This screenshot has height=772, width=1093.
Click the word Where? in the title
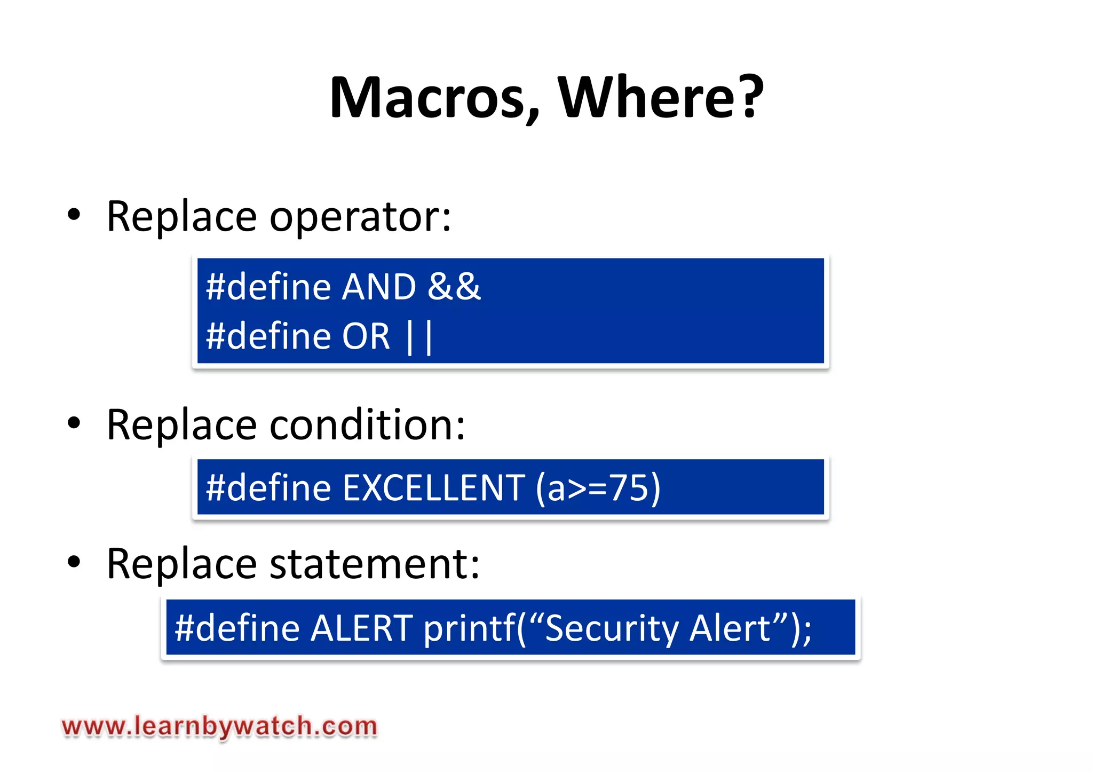click(661, 98)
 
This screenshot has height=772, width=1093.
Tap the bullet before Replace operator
click(74, 215)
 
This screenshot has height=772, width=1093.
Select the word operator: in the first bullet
click(360, 217)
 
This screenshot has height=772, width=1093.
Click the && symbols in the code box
click(454, 287)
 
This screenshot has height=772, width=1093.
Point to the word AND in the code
click(379, 287)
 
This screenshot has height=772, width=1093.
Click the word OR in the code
click(366, 336)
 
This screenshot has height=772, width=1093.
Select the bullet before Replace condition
click(74, 423)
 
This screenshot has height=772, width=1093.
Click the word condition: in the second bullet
click(368, 425)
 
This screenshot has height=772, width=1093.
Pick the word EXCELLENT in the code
click(434, 487)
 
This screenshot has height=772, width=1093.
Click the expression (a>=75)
click(598, 487)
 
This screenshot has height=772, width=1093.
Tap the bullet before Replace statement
click(74, 562)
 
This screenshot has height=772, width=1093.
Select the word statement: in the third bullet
click(375, 564)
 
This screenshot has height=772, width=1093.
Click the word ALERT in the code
click(361, 628)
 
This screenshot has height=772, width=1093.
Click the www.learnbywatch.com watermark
click(219, 727)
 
